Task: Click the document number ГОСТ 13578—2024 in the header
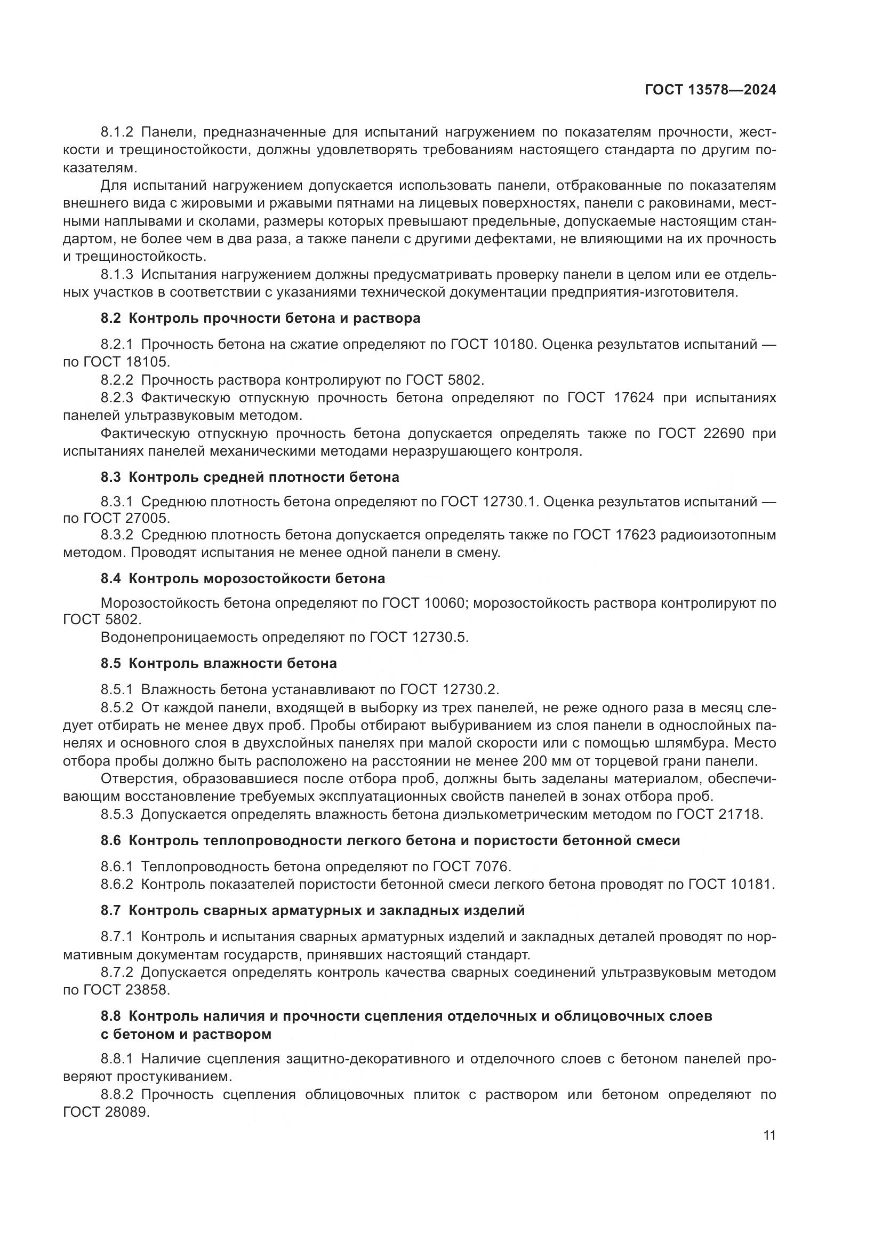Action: pos(710,90)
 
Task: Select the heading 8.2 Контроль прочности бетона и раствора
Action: pos(260,318)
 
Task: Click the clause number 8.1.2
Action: pos(117,132)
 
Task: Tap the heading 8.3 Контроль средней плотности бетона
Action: pos(249,477)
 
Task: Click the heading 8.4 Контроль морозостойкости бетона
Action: pos(243,578)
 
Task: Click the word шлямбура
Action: pos(686,743)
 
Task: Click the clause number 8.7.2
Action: pos(117,972)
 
